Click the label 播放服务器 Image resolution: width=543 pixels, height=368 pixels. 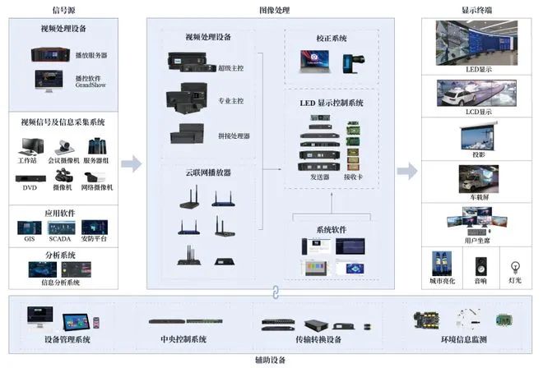click(92, 55)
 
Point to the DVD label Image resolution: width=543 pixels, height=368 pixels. click(30, 187)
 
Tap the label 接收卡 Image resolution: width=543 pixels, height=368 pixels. click(352, 177)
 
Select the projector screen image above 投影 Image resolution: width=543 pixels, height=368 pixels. click(478, 134)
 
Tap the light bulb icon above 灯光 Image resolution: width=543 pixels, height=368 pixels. click(515, 266)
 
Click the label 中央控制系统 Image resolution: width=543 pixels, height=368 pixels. click(182, 339)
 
